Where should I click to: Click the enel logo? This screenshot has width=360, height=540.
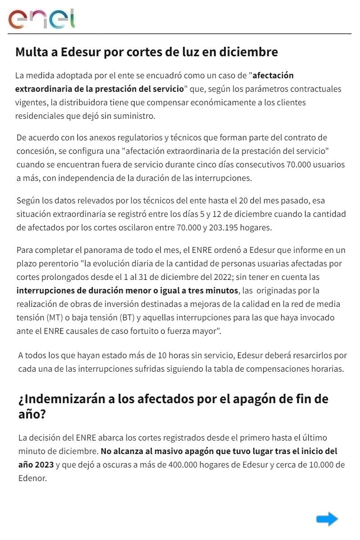pos(42,19)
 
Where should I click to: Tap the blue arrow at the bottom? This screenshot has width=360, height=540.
pos(327,519)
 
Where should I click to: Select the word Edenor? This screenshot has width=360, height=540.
pos(32,478)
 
